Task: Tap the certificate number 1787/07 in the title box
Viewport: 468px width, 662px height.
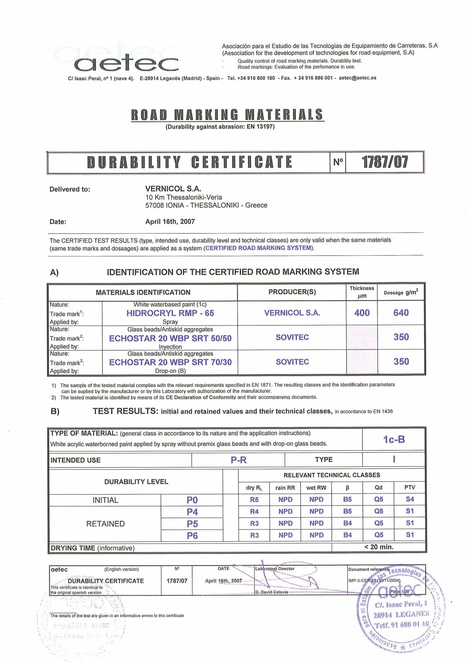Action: [x=385, y=162]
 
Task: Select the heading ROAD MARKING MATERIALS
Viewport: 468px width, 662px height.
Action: [x=227, y=115]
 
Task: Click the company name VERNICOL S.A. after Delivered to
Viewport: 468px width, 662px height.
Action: [x=173, y=189]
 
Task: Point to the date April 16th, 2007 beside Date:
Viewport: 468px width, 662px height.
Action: [x=170, y=221]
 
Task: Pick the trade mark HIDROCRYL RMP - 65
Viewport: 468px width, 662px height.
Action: [x=170, y=313]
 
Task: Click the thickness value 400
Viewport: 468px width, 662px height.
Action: [x=362, y=313]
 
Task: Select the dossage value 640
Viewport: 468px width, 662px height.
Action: [x=401, y=313]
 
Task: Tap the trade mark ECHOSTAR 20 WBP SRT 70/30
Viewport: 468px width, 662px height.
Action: [x=170, y=362]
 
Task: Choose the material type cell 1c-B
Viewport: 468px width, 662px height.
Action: [x=394, y=439]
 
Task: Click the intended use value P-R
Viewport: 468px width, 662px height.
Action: [x=238, y=460]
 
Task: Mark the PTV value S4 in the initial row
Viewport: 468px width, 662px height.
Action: [x=410, y=499]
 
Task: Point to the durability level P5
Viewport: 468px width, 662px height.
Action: [x=192, y=523]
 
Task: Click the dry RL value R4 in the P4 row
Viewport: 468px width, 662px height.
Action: [x=254, y=511]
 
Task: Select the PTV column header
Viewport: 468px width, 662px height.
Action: [x=410, y=487]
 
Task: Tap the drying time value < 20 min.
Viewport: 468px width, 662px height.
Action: [x=379, y=547]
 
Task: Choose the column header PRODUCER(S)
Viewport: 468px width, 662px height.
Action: [x=292, y=292]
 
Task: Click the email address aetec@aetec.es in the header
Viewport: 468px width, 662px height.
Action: [x=357, y=78]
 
